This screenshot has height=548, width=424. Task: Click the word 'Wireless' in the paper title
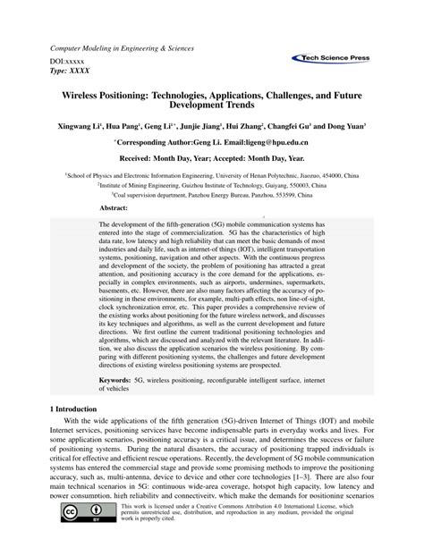coord(86,93)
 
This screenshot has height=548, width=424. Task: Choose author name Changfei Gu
coord(301,126)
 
